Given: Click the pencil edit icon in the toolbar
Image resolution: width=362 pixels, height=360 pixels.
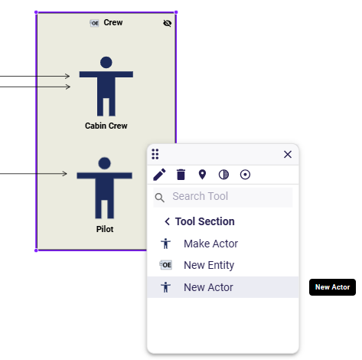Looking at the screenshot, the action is (x=159, y=175).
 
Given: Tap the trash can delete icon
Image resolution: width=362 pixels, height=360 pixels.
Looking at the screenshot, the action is (x=181, y=175).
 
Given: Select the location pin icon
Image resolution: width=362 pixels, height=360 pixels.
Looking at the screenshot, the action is (x=202, y=175).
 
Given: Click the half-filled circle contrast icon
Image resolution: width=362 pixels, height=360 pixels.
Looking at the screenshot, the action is (x=223, y=175).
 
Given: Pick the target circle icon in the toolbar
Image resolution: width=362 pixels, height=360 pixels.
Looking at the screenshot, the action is (x=245, y=175).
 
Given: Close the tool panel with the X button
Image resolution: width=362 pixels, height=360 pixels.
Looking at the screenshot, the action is (x=288, y=154).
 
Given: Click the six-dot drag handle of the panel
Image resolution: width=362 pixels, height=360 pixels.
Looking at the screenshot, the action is (x=155, y=154).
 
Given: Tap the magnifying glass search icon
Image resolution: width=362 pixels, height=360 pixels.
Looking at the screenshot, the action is (x=160, y=198).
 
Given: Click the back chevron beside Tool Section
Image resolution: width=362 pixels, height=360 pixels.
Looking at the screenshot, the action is (x=167, y=221).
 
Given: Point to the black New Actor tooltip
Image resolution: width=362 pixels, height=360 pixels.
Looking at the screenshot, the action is (x=332, y=287).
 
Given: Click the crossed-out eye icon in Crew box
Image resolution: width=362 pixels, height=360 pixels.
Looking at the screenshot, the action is (x=168, y=23).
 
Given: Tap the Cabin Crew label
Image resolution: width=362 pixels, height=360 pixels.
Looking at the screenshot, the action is (x=106, y=126).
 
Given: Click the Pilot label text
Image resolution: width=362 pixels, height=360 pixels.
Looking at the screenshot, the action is (x=105, y=229).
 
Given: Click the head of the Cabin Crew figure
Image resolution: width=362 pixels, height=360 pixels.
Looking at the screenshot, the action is (x=106, y=62).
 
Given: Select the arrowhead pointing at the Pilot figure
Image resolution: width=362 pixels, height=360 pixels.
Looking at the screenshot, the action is (x=65, y=174).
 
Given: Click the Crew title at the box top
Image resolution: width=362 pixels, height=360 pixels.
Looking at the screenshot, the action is (x=113, y=22).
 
